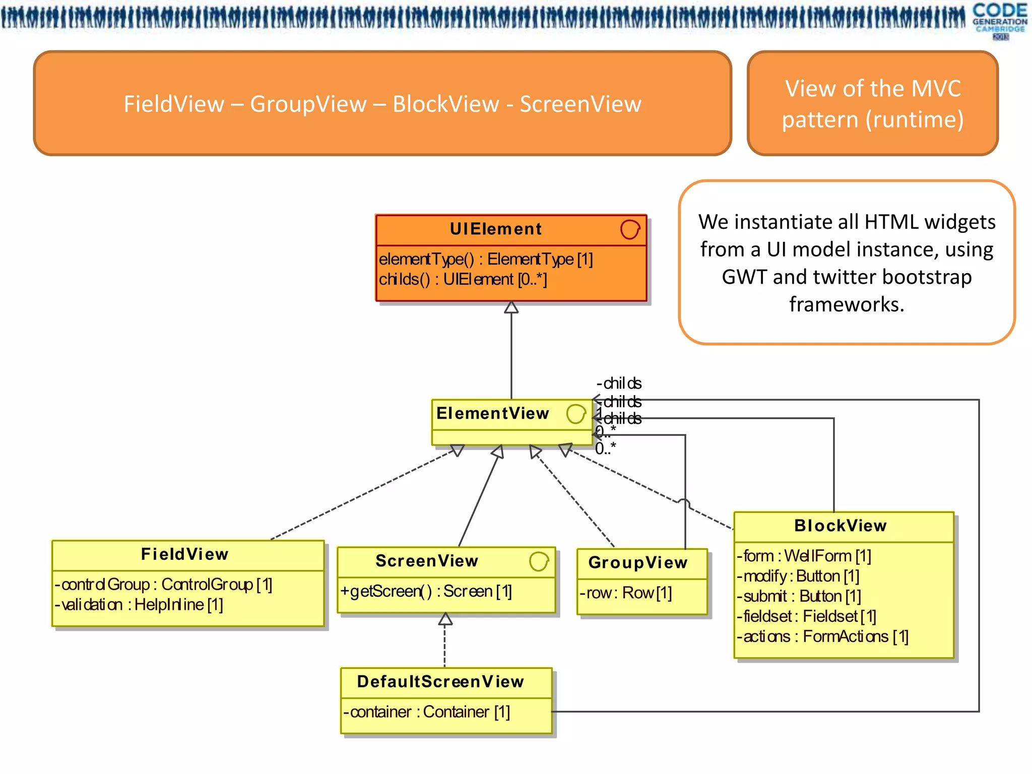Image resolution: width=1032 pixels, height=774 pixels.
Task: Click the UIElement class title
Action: click(x=496, y=229)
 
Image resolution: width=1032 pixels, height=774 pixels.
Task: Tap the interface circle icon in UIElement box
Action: click(x=630, y=229)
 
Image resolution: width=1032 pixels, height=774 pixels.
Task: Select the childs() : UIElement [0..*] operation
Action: click(x=463, y=279)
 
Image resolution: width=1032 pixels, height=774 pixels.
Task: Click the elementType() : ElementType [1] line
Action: click(x=486, y=259)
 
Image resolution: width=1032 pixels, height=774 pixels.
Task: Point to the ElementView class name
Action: click(x=492, y=413)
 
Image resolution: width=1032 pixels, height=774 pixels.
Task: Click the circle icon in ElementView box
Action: click(x=575, y=414)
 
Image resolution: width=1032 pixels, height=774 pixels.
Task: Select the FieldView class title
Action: click(x=185, y=554)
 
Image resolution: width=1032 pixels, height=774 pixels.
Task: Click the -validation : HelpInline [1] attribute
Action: click(x=139, y=605)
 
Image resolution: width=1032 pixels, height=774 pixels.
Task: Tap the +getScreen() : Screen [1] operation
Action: click(x=426, y=591)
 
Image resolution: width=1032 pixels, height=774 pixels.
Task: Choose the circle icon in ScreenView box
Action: click(x=539, y=561)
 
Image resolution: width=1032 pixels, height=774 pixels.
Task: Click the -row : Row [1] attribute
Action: click(x=625, y=593)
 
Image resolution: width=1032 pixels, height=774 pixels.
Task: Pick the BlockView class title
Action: click(x=841, y=526)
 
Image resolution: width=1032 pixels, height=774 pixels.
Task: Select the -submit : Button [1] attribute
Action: click(x=799, y=596)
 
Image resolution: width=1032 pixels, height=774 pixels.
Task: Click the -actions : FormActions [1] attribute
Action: click(x=822, y=636)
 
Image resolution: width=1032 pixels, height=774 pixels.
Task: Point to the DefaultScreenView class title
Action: click(x=441, y=682)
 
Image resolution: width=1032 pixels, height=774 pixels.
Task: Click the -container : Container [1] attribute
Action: click(x=427, y=712)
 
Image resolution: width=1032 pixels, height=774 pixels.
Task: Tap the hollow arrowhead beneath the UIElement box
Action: click(x=511, y=307)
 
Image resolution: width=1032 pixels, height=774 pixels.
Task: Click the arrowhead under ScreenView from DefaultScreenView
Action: click(x=445, y=619)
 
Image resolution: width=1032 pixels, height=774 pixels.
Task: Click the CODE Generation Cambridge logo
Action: click(x=999, y=20)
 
